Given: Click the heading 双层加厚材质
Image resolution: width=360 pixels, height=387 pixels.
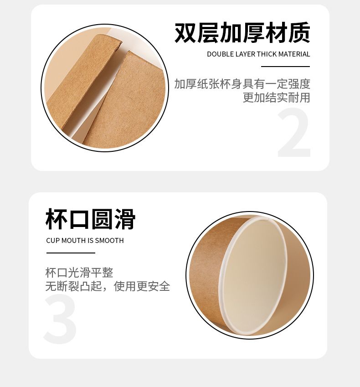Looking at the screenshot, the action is (x=242, y=32).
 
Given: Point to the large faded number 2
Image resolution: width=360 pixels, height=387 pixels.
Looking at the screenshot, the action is (x=294, y=132).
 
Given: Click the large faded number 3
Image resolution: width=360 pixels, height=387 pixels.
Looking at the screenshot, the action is (x=60, y=319).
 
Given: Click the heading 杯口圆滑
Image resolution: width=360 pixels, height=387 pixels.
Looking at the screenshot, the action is (x=90, y=219).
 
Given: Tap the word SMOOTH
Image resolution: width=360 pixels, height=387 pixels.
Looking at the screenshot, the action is (x=109, y=240).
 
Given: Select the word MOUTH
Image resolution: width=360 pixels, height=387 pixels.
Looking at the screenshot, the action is (x=73, y=240).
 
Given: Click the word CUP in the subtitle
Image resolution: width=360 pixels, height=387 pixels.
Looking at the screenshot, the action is (x=53, y=240).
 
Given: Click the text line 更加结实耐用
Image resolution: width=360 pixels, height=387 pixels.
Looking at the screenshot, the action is (x=276, y=98).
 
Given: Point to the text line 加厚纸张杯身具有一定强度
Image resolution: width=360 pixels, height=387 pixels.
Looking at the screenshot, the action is (x=242, y=84).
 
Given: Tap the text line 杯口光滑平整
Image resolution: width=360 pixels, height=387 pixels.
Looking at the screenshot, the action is (x=79, y=273).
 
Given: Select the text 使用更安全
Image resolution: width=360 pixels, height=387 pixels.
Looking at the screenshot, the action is (x=142, y=286).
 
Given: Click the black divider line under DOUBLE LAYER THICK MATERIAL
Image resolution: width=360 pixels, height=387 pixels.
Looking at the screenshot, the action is (x=285, y=67).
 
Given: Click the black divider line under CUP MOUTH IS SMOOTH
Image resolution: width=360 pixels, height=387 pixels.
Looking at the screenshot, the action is (x=71, y=253).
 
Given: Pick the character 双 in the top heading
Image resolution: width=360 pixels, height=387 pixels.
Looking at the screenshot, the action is (x=185, y=32).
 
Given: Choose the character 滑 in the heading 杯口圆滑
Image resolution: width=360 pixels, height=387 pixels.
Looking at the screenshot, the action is (x=125, y=219).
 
